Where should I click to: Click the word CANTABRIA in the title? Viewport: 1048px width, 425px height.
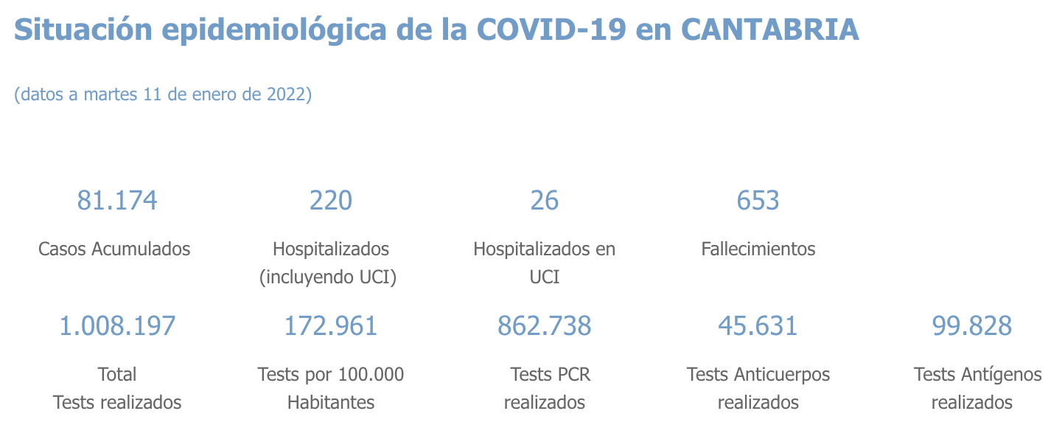click(x=769, y=30)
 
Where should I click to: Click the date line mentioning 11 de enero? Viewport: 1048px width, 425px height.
click(x=163, y=94)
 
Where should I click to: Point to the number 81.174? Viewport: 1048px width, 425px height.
click(x=117, y=201)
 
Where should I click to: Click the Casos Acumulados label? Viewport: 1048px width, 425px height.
click(x=114, y=249)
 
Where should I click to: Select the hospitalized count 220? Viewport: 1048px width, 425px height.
click(x=331, y=201)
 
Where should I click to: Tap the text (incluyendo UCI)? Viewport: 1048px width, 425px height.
click(x=329, y=277)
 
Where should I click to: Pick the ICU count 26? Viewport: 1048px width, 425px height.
click(x=545, y=201)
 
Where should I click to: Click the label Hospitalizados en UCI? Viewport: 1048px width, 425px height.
click(x=545, y=263)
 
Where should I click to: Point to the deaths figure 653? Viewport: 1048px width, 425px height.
click(x=758, y=201)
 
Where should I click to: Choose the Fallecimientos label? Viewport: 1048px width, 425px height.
click(x=758, y=249)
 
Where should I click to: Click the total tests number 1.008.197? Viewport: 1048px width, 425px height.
click(x=117, y=326)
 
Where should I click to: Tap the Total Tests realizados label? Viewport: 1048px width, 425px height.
click(x=117, y=388)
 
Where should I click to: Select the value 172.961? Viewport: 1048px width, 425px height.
click(x=331, y=326)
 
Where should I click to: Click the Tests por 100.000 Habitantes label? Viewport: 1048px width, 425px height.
click(x=331, y=388)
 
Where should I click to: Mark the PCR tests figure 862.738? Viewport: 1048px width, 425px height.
click(x=545, y=326)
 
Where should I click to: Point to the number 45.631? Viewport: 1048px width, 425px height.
click(x=758, y=326)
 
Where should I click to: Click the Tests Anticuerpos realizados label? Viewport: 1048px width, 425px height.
click(x=758, y=388)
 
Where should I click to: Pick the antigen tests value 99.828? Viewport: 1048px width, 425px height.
click(x=972, y=326)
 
